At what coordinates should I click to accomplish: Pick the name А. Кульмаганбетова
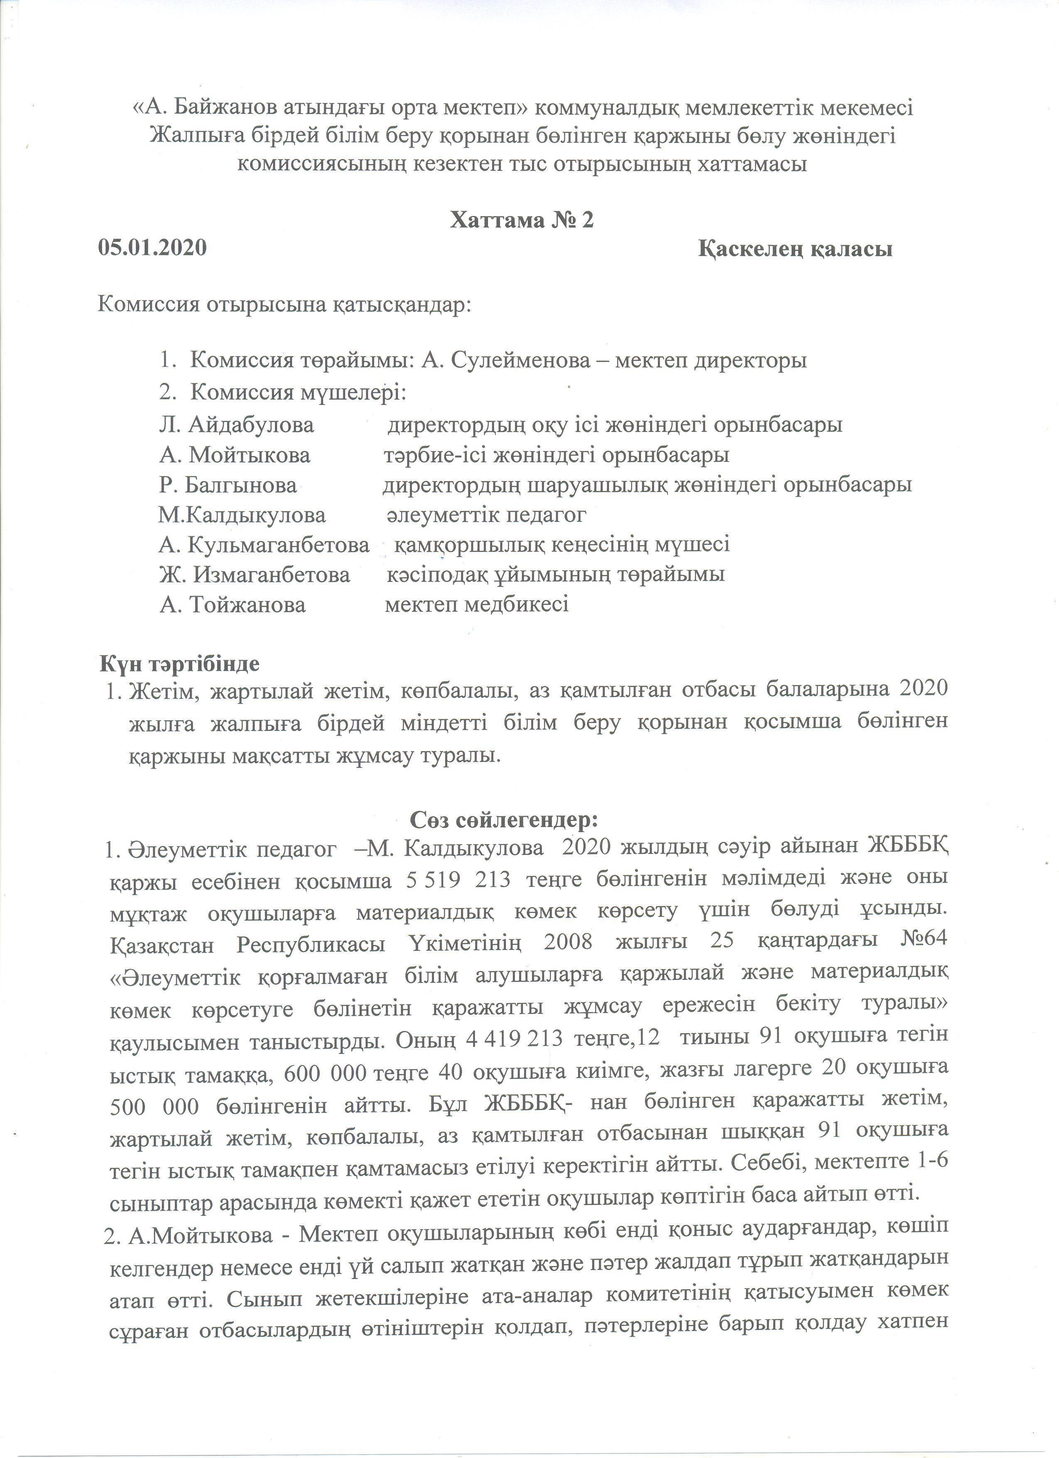(x=264, y=545)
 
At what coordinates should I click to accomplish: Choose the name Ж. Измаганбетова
(x=255, y=574)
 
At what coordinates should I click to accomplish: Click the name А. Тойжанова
(x=232, y=604)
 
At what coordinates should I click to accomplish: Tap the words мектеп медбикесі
(x=476, y=604)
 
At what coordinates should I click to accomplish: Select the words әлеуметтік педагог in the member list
(x=486, y=515)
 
